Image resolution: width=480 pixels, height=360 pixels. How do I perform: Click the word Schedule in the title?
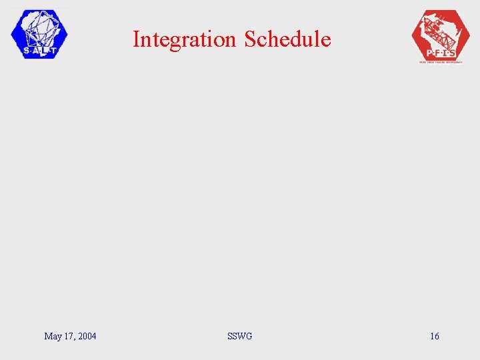click(287, 39)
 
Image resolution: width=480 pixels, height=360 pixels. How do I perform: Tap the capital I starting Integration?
click(136, 39)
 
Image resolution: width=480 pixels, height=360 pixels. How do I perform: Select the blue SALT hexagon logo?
click(39, 35)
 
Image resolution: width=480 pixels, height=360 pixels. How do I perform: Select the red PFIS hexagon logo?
click(441, 37)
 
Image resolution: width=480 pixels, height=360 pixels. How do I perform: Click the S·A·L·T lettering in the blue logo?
click(39, 50)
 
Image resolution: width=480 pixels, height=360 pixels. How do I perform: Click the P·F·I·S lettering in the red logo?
click(441, 53)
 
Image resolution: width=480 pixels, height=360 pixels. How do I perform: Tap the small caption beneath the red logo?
click(441, 61)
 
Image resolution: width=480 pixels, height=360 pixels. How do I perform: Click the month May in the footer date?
click(53, 336)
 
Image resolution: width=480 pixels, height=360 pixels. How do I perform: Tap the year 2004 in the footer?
click(87, 336)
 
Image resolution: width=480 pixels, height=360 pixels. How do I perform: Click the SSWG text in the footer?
click(239, 336)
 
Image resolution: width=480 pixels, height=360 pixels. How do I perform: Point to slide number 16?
click(435, 336)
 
